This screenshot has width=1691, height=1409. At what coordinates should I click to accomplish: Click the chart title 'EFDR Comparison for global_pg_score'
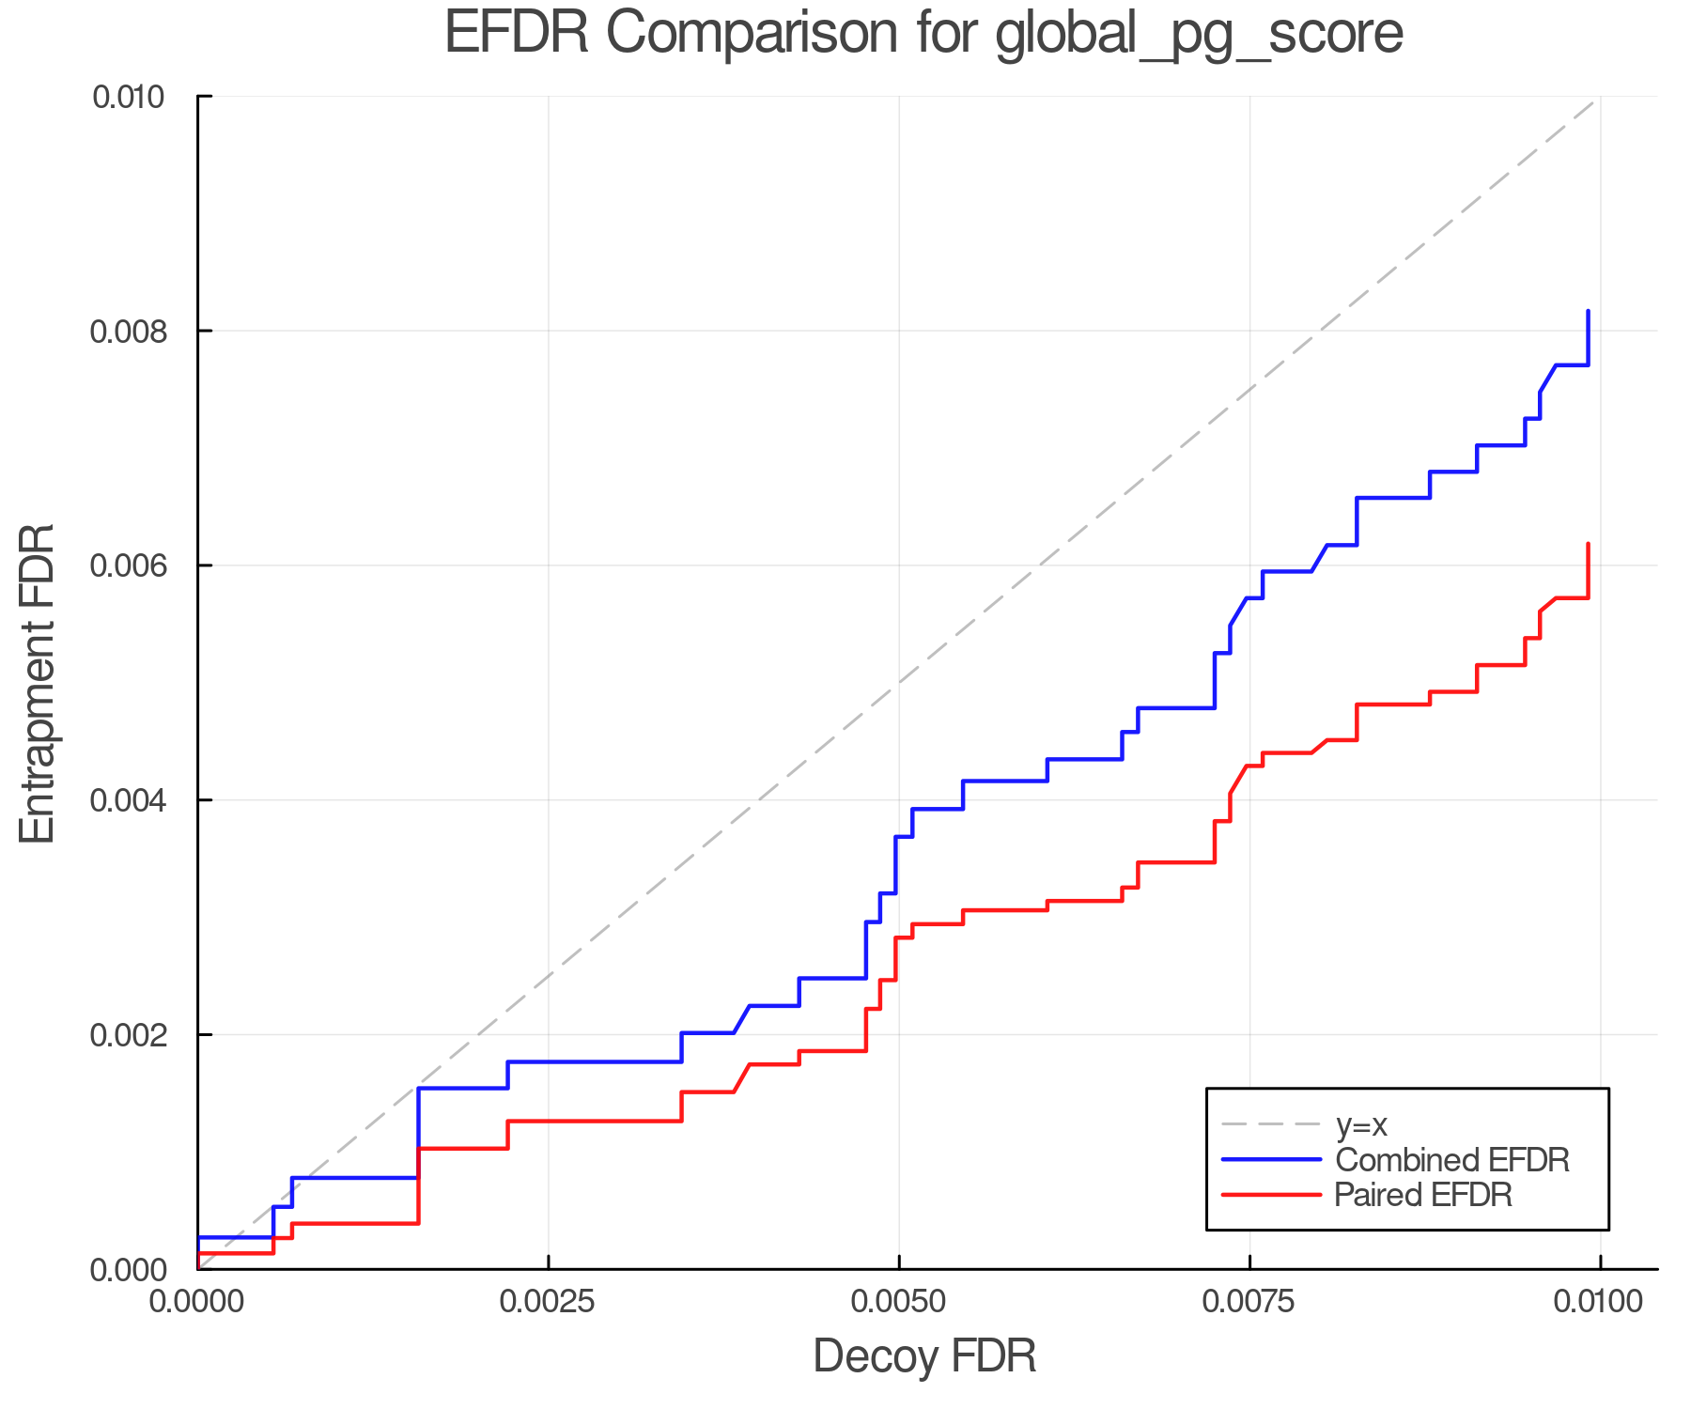tap(923, 34)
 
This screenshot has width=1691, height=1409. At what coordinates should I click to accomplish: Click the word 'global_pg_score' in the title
tap(1199, 34)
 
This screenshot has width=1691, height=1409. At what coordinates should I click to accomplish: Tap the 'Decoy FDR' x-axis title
tap(924, 1356)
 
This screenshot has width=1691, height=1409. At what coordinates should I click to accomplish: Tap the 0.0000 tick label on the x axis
tap(197, 1302)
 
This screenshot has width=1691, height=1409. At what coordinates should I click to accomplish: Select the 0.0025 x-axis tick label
tap(548, 1302)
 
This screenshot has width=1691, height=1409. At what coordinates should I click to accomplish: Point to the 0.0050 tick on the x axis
tap(899, 1302)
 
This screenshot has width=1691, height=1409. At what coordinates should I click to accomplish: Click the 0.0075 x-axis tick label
tap(1249, 1302)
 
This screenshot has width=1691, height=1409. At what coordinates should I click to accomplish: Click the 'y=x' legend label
tap(1361, 1124)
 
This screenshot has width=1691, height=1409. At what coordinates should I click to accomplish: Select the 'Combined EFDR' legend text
tap(1451, 1160)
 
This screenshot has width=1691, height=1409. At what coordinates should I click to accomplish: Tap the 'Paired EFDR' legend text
tap(1423, 1195)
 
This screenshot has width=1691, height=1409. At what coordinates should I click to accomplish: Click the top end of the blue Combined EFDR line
tap(1588, 311)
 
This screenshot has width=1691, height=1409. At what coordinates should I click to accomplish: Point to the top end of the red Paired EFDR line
tap(1588, 544)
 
